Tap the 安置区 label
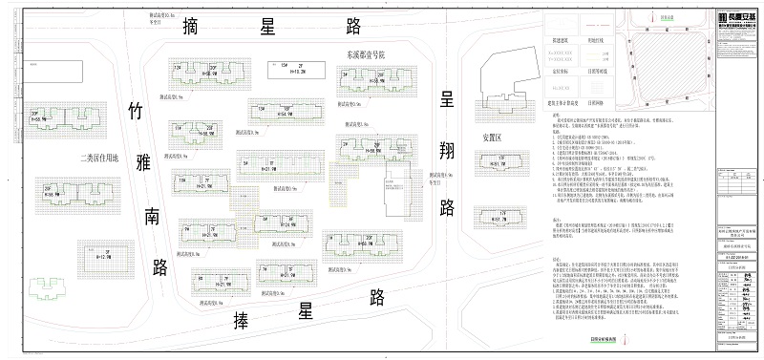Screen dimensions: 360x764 [493, 138]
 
